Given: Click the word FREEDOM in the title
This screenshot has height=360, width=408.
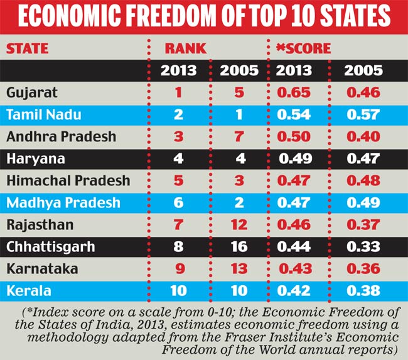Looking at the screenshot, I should tap(178, 19).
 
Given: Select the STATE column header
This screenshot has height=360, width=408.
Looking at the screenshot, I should tap(28, 48).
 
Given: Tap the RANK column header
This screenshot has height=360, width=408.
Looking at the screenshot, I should tap(185, 48).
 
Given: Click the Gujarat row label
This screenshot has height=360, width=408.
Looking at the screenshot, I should tap(32, 93).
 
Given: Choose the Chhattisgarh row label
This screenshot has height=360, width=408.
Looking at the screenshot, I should tap(50, 247).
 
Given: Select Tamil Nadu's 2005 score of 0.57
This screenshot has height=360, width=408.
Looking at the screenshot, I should tap(363, 115).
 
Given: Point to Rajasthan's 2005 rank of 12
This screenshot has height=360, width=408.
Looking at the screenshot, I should tap(239, 225).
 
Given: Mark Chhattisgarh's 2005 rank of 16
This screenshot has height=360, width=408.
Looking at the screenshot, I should tap(239, 247).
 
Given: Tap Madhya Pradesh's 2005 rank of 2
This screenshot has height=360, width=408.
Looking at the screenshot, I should tap(239, 203).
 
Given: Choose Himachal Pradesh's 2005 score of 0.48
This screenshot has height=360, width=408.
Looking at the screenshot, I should tap(363, 181).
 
